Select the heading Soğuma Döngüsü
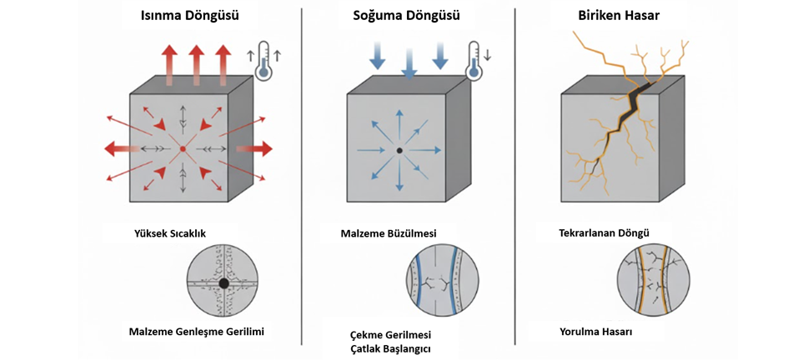tap(408, 16)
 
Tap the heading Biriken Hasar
tap(618, 16)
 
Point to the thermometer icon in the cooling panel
tap(475, 61)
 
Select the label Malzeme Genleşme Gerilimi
tap(197, 332)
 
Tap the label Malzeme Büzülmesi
tap(389, 232)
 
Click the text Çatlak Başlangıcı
tap(390, 348)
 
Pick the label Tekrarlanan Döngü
tap(604, 232)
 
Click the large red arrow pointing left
tap(119, 149)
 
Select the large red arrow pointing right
tap(255, 149)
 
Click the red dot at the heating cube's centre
tap(182, 149)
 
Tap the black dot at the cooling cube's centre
tap(399, 150)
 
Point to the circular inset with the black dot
tap(223, 283)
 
